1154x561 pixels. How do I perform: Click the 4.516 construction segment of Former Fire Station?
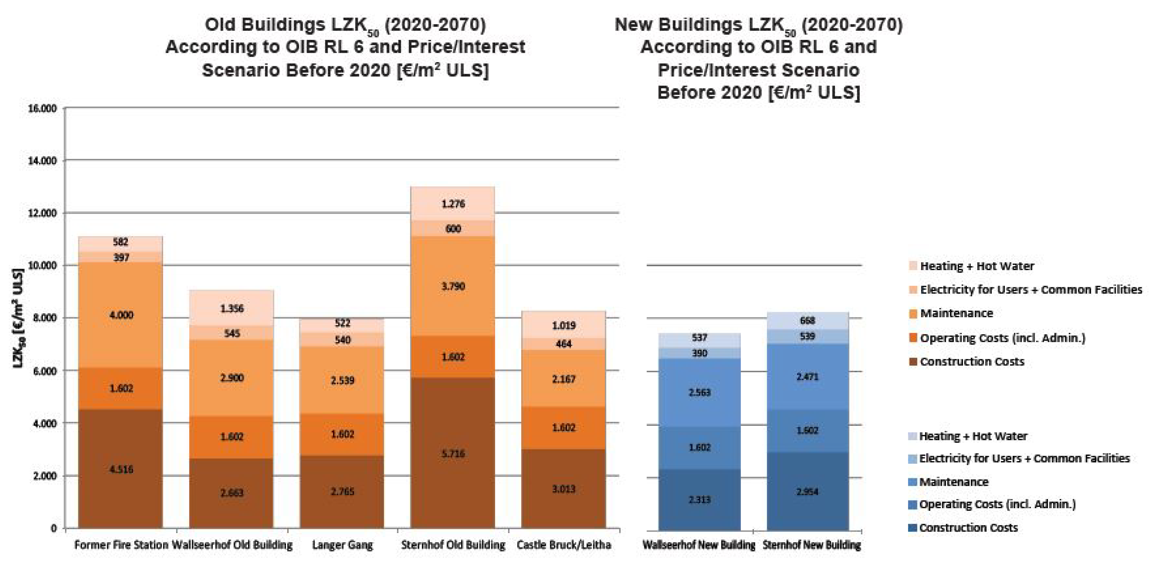[121, 469]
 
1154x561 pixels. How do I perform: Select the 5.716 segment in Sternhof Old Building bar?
[453, 453]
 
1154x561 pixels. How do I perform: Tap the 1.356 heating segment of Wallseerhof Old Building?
[232, 308]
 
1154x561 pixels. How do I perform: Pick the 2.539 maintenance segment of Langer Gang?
[342, 380]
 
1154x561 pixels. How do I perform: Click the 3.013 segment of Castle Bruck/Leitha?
[564, 488]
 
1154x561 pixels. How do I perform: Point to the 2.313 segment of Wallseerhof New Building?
[699, 499]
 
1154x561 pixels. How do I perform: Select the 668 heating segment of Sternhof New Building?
[807, 320]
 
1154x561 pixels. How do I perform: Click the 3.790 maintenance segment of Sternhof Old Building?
[453, 286]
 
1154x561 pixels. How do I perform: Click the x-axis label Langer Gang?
[342, 545]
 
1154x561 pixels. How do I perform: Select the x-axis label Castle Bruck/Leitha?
[564, 545]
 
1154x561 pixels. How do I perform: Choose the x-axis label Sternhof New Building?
[811, 545]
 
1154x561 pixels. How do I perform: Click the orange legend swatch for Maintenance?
[913, 314]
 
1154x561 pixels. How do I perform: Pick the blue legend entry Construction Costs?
[968, 527]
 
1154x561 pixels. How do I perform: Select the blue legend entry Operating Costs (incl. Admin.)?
[997, 504]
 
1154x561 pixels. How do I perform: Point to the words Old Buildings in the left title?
[265, 25]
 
